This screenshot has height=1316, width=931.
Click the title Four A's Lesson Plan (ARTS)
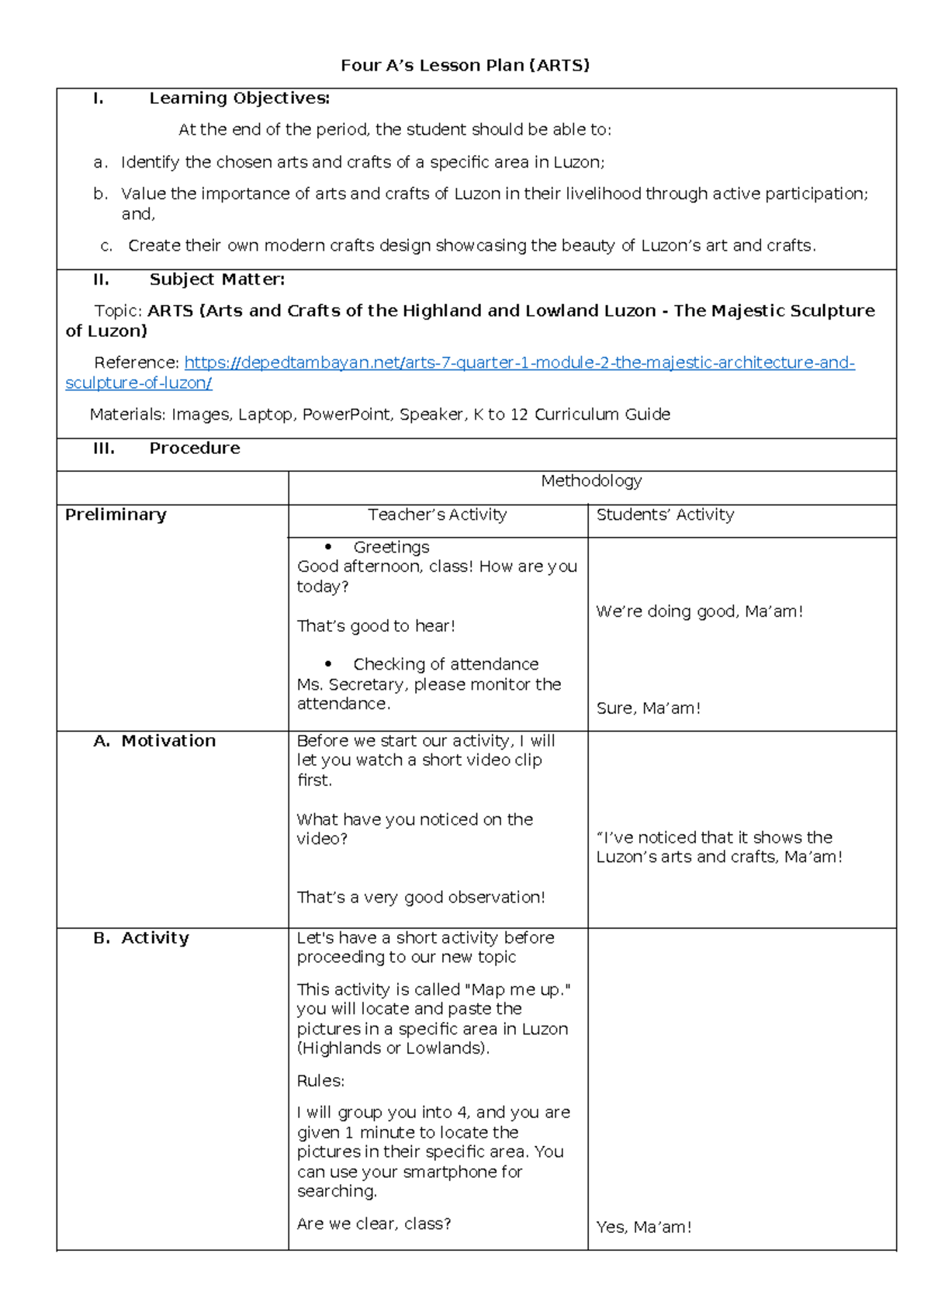tap(465, 65)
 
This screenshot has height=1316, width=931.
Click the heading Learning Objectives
tap(239, 99)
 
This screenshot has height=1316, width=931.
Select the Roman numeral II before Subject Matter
tap(101, 279)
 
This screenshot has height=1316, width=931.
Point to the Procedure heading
tap(194, 448)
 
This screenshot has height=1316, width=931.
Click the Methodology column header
tap(591, 481)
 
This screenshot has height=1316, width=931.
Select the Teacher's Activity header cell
tap(437, 514)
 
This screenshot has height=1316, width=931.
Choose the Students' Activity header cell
tap(665, 514)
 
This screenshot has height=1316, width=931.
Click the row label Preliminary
tap(116, 514)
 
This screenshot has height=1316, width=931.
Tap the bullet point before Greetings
tap(328, 548)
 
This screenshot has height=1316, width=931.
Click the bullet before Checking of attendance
tap(328, 664)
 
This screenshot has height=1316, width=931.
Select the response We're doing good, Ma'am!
tap(699, 611)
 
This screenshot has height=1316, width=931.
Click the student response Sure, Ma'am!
tap(648, 708)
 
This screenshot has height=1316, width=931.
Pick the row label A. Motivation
tap(154, 741)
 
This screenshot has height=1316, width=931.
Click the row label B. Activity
tap(141, 938)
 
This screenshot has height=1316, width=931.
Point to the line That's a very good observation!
tap(421, 898)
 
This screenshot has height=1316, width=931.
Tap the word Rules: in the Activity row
tap(320, 1081)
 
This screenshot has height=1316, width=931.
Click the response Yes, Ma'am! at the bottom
tap(643, 1228)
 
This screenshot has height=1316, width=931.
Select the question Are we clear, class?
tap(373, 1224)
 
